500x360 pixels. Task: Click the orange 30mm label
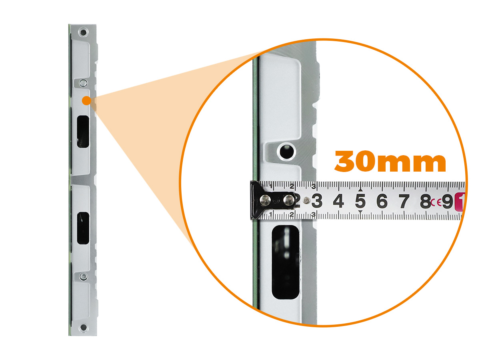point(390,161)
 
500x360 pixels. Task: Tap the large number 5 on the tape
point(360,201)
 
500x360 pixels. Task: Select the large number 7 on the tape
point(404,201)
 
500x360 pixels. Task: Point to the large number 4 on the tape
point(338,201)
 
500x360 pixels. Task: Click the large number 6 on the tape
point(382,201)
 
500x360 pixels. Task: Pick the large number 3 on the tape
point(317,201)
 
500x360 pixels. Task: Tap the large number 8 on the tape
point(426,201)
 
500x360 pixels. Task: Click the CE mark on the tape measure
point(436,202)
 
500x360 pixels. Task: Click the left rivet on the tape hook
point(265,200)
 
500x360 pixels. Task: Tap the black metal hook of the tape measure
point(272,200)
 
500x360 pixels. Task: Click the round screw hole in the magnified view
point(287,152)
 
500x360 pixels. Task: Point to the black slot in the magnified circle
point(286,262)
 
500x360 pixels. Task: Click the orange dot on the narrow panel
point(87,101)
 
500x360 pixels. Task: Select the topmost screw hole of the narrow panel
point(83,32)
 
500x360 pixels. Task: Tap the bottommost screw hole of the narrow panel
point(84,328)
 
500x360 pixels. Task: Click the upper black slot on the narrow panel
point(83,132)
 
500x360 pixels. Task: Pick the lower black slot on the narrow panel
point(83,228)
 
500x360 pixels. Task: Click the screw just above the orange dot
point(84,83)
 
